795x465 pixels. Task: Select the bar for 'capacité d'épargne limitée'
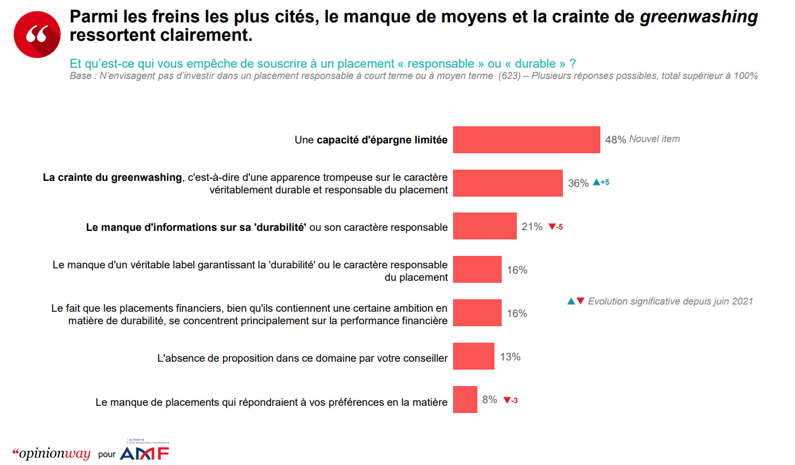tap(526, 139)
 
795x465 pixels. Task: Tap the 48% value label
tap(615, 139)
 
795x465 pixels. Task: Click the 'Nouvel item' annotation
tap(654, 139)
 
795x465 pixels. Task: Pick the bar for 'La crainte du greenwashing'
tap(508, 183)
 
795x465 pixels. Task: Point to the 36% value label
tap(579, 184)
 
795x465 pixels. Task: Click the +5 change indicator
tap(601, 182)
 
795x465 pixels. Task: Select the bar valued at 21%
tap(485, 226)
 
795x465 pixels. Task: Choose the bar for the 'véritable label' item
tap(477, 270)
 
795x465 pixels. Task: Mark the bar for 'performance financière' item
tap(477, 313)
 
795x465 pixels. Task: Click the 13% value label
tap(510, 356)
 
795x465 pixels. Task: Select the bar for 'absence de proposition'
tap(473, 356)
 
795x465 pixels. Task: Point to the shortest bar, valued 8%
tap(465, 399)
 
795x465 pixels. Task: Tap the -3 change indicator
tap(510, 400)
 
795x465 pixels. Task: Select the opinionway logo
tap(51, 454)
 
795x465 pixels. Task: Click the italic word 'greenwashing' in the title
tap(699, 16)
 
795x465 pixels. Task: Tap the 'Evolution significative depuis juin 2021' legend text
tap(670, 301)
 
